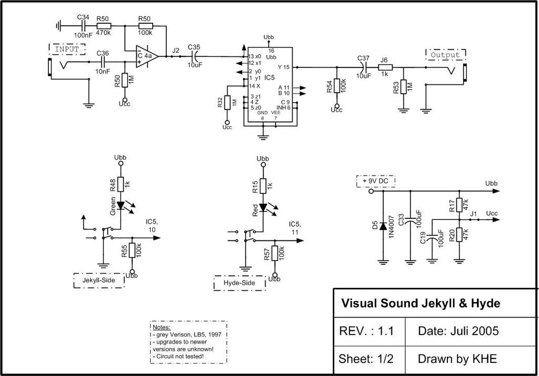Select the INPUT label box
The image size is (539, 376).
67,49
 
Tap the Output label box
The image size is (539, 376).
445,54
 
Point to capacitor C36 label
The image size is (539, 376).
103,53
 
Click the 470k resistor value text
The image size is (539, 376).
103,33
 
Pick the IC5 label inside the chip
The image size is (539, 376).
269,78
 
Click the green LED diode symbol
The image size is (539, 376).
121,205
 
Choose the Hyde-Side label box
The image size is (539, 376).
239,283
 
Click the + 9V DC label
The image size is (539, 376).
376,181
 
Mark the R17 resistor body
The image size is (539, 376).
460,205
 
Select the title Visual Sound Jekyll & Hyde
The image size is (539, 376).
421,303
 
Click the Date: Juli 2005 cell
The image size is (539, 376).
458,331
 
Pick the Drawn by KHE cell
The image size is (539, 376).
457,359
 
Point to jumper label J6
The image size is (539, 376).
384,60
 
